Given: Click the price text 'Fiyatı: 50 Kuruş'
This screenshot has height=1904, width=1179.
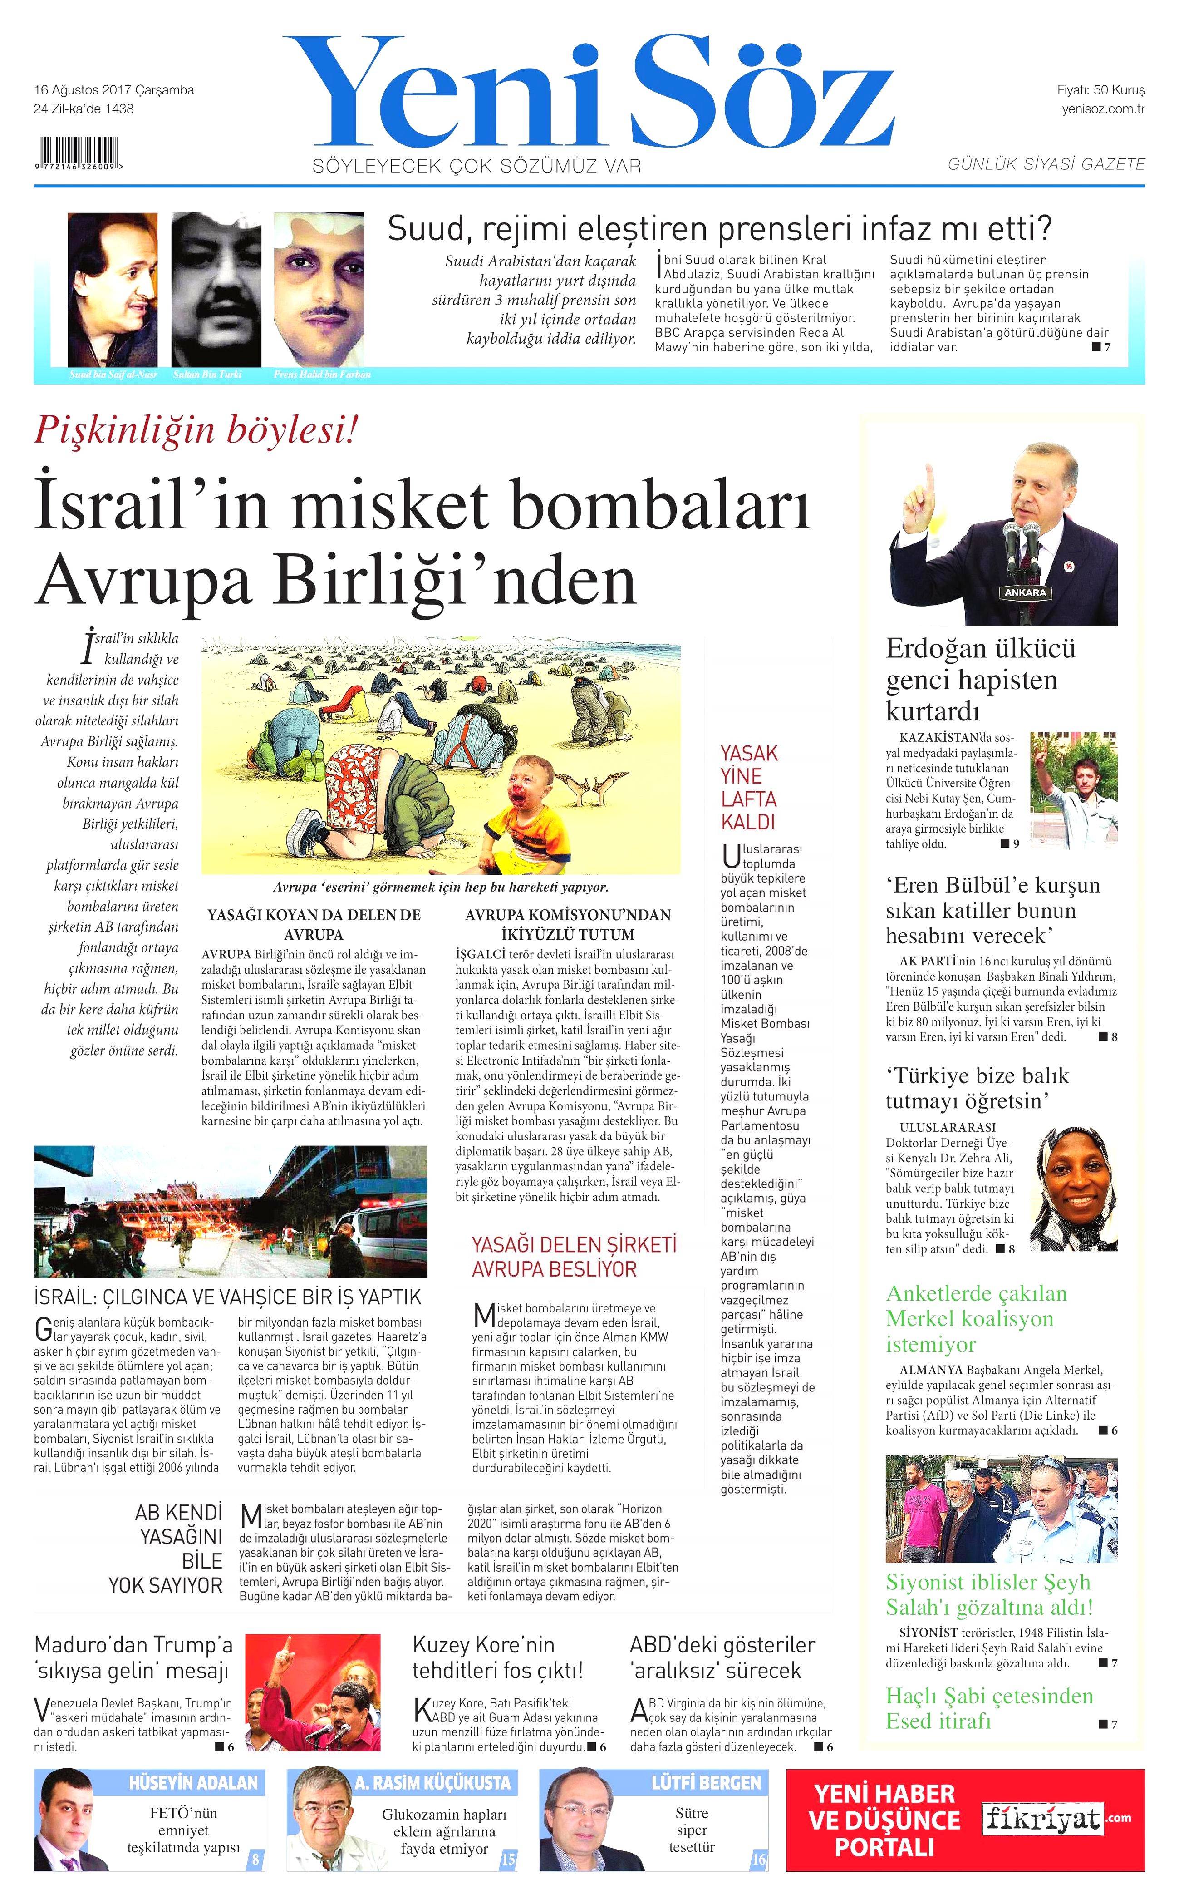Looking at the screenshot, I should [x=1100, y=90].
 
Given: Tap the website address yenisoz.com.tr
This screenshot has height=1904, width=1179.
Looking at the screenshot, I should [x=1103, y=109].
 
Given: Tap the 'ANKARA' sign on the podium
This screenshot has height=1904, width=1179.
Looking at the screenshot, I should [x=1026, y=593].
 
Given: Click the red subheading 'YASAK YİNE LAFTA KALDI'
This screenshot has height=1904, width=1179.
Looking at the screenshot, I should [x=749, y=787].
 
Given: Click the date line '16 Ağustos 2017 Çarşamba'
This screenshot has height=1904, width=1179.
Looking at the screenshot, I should [x=114, y=90].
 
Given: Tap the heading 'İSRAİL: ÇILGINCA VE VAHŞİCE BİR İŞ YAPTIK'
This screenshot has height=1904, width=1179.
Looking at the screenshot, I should [x=228, y=1297].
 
